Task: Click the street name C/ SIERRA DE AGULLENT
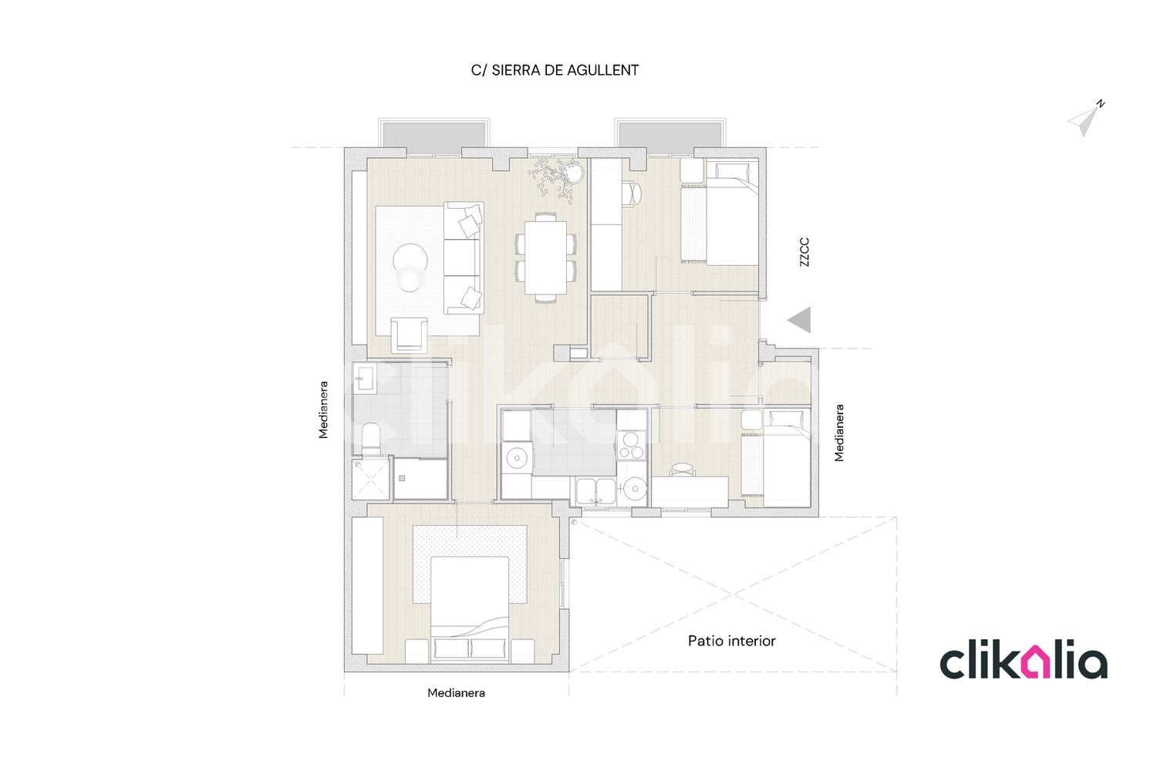pos(555,70)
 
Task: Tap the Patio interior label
pos(731,641)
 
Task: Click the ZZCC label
pos(805,252)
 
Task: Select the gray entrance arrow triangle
pos(799,320)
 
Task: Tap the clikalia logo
pos(1024,659)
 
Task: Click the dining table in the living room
pos(545,258)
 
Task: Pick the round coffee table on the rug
pos(410,261)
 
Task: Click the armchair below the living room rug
pos(409,335)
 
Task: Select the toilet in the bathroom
pos(370,439)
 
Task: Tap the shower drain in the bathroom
pos(402,478)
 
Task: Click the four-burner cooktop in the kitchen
pos(631,445)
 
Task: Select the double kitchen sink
pos(595,491)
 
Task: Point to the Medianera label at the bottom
pos(456,693)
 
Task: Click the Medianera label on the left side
pos(323,410)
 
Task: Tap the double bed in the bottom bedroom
pos(470,609)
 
